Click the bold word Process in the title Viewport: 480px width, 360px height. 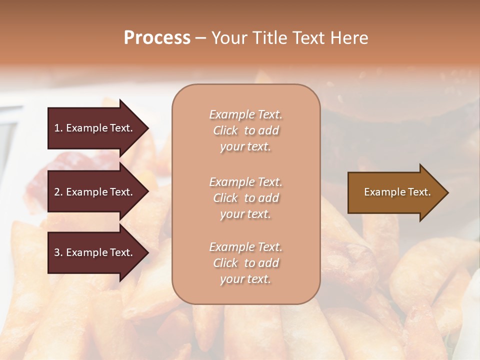(x=157, y=38)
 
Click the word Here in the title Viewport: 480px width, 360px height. (x=349, y=38)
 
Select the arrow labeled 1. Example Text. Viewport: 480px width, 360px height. (x=93, y=128)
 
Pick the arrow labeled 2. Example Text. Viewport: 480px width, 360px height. (x=93, y=192)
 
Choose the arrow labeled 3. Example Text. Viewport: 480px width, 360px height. (x=93, y=252)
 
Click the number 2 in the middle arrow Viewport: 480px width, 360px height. (x=57, y=192)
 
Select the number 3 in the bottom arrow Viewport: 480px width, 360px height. (x=57, y=252)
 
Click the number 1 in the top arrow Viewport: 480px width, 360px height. (x=56, y=128)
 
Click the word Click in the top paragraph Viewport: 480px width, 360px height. (x=225, y=130)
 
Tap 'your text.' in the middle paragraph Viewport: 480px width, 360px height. (x=245, y=214)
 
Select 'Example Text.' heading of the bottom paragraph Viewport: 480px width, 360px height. (x=245, y=247)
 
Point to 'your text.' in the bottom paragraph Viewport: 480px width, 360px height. (x=245, y=279)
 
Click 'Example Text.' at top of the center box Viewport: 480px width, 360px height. (x=245, y=114)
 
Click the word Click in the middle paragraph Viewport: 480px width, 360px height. (x=225, y=198)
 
